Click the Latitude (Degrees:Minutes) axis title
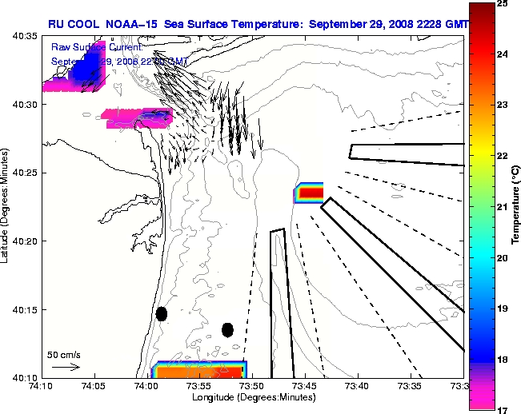pos(6,206)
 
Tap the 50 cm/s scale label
pos(63,354)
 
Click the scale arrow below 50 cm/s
pos(65,367)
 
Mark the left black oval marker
pos(162,314)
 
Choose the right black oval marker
pos(227,329)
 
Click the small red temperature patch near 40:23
pos(310,193)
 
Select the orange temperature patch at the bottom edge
pos(200,370)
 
